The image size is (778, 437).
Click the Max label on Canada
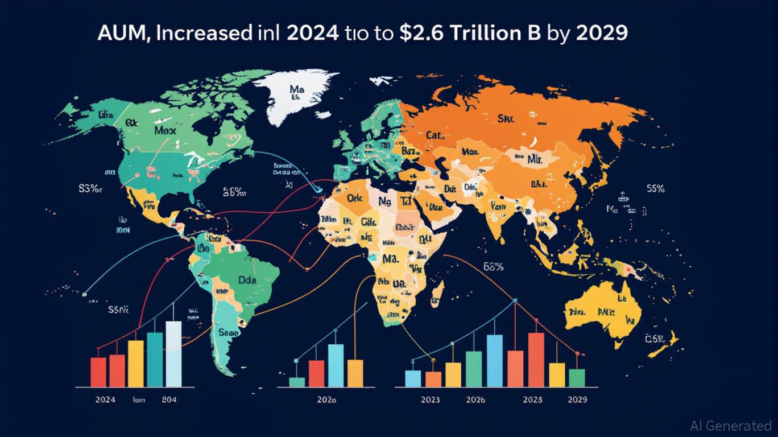tap(165, 130)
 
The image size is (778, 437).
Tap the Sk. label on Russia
tap(506, 118)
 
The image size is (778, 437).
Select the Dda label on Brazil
tap(248, 279)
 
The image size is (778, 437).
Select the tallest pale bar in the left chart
tap(173, 354)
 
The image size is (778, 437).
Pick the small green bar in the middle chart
tap(297, 382)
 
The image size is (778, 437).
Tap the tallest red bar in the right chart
tap(536, 360)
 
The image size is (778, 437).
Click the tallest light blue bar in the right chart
tap(495, 361)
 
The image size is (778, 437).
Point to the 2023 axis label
tap(430, 399)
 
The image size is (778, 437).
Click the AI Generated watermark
tap(730, 425)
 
